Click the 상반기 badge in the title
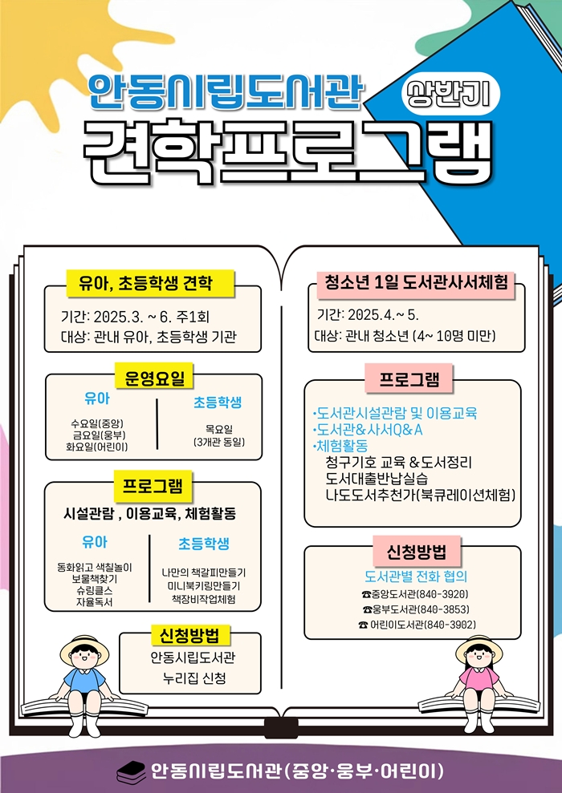pos(450,94)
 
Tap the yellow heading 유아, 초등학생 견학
pos(150,283)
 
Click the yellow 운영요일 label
pos(154,378)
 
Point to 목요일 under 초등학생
pos(219,429)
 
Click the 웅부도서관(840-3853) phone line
pos(416,609)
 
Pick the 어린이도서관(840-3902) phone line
pos(417,625)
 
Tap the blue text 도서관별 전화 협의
pos(416,576)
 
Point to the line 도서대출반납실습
pos(377,479)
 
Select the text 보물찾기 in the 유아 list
pos(95,579)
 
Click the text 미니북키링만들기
pos(204,585)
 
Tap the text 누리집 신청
pos(194,678)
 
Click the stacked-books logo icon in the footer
pos(131,772)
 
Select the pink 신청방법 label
pos(416,552)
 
